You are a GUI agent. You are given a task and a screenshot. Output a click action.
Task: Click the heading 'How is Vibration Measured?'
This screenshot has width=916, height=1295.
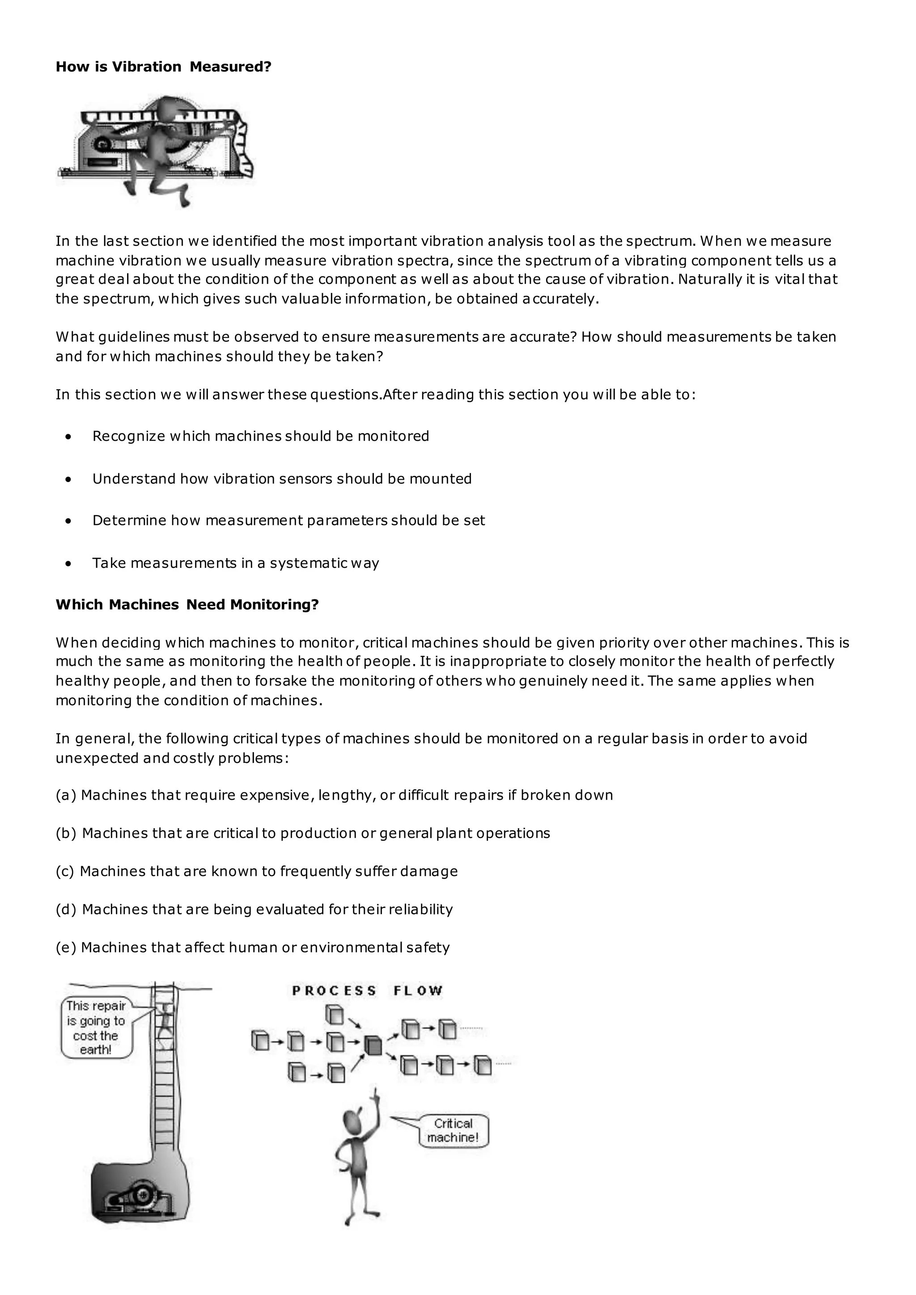click(x=164, y=67)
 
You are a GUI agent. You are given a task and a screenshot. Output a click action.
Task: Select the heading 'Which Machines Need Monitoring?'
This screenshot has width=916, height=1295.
click(x=187, y=605)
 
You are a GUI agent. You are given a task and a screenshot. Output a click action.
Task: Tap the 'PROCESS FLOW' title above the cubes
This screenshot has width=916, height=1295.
click(x=367, y=991)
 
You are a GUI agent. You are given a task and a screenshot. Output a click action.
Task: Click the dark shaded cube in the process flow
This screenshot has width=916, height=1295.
click(x=373, y=1045)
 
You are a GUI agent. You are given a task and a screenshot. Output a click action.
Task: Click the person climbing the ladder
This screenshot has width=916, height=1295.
click(x=165, y=1019)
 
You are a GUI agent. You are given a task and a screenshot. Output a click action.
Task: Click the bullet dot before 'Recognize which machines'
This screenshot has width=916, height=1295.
click(x=69, y=436)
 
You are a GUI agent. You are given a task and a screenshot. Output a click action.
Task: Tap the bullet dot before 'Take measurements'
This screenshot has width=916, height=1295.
click(x=69, y=563)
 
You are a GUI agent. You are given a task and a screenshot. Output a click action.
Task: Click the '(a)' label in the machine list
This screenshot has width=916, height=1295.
click(x=66, y=795)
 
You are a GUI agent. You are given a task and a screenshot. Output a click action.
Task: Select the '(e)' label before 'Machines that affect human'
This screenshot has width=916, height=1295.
click(x=66, y=948)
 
